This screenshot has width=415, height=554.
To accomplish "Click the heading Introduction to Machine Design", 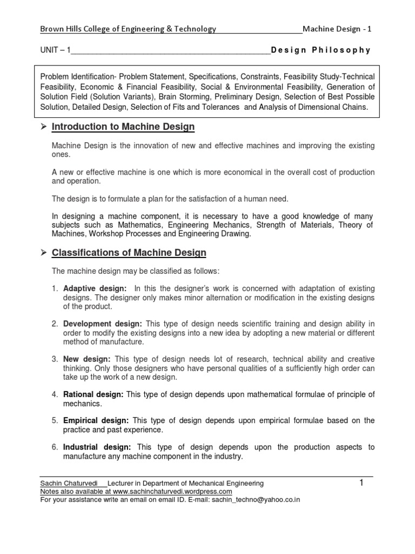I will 123,127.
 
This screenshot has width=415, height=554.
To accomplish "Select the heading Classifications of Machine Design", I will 129,253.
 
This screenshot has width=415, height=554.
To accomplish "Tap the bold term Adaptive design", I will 95,288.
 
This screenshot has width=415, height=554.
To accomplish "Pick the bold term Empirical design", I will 96,420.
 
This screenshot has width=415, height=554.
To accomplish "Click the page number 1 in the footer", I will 362,483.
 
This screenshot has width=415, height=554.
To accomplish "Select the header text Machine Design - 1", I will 337,29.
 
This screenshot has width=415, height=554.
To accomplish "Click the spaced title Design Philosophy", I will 320,50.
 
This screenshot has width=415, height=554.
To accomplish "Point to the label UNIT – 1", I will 56,50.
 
